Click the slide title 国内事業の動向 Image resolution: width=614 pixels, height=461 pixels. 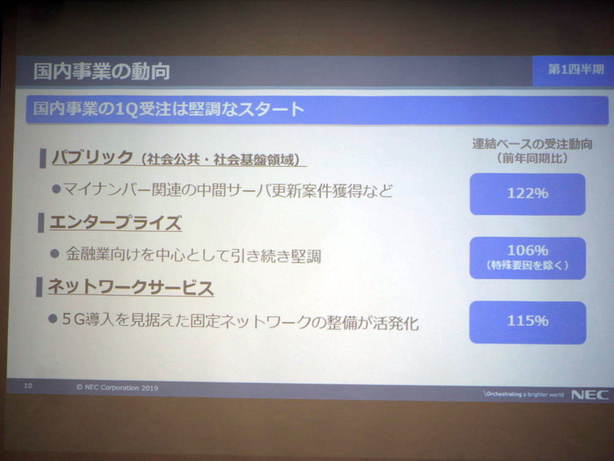[x=101, y=72]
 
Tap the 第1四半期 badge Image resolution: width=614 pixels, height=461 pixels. [x=575, y=69]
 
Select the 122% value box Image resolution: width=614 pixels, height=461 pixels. [x=527, y=194]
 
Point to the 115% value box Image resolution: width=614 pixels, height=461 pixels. [x=527, y=321]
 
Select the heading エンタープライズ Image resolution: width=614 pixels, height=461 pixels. [x=115, y=224]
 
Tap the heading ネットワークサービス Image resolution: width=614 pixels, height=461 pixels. [x=130, y=288]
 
